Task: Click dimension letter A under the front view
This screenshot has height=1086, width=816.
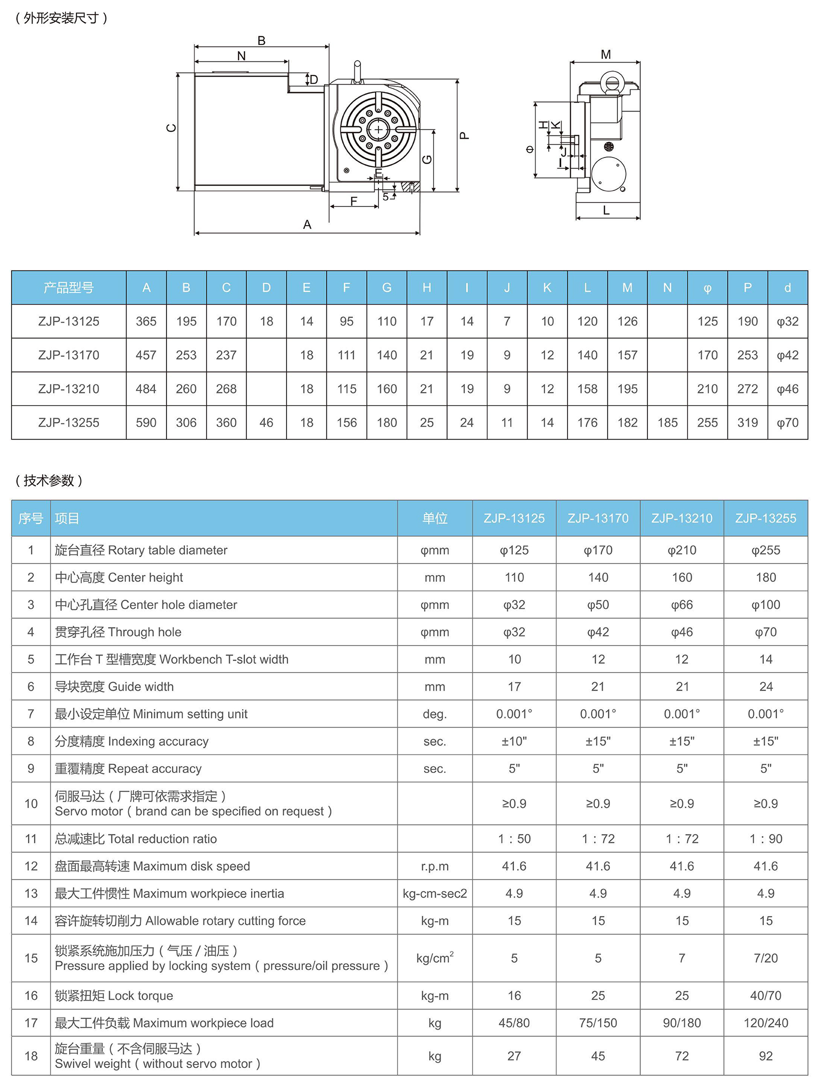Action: point(307,224)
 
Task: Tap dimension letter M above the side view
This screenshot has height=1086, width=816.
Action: point(605,54)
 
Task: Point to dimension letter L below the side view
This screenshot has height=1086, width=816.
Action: point(606,210)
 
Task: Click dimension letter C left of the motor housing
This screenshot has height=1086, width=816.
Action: point(171,128)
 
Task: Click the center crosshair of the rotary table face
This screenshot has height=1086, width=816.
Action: point(378,130)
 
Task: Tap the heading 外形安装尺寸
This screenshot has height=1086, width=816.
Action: point(61,18)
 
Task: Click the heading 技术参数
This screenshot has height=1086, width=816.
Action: point(48,480)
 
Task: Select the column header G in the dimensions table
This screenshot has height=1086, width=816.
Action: point(386,288)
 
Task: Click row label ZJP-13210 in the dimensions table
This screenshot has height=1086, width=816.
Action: point(68,389)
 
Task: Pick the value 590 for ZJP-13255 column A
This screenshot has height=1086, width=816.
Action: point(146,423)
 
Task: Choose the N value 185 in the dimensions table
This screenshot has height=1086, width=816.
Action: point(667,423)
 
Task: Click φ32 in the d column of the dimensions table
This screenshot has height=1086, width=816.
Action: point(787,321)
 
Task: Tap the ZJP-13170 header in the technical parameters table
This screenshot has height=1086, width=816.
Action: point(598,518)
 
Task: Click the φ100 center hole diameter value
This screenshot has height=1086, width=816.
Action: point(765,605)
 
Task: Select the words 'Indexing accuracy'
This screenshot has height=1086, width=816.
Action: point(158,741)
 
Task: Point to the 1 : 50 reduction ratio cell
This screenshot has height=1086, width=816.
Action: point(514,839)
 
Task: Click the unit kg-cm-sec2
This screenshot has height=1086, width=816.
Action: point(434,893)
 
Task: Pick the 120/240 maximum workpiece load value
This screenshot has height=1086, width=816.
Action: point(765,1023)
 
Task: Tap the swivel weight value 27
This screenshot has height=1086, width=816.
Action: point(514,1056)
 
